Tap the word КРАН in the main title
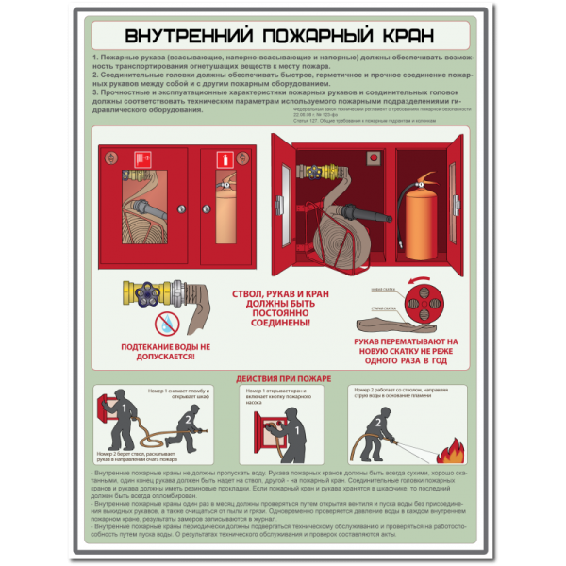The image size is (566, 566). click(397, 37)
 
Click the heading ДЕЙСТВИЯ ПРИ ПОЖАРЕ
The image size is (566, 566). click(283, 379)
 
